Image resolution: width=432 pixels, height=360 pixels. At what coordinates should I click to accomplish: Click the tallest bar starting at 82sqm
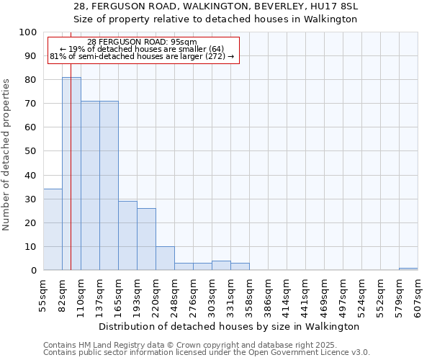[x=71, y=174]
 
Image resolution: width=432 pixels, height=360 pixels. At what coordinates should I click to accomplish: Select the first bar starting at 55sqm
[x=53, y=230]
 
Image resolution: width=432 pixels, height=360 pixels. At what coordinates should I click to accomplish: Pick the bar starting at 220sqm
[x=165, y=258]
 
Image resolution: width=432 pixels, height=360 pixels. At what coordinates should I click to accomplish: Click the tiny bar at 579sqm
[x=408, y=269]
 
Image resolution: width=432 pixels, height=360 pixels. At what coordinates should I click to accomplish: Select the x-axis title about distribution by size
[x=229, y=326]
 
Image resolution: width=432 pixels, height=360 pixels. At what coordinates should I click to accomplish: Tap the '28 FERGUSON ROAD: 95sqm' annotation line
[x=142, y=42]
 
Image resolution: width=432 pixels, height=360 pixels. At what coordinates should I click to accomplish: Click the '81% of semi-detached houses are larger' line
[x=142, y=56]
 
